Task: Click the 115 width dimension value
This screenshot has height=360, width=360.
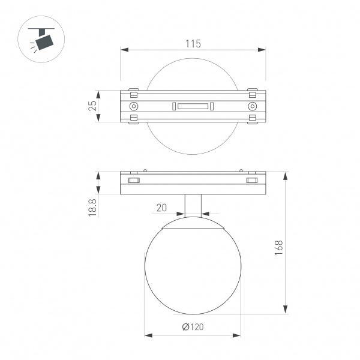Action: tap(192, 44)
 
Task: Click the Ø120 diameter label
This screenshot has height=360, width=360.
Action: tap(192, 327)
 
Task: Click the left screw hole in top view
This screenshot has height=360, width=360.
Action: tap(134, 106)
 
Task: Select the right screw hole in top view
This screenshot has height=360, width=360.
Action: tap(251, 106)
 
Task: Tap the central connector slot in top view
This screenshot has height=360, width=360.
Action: tap(192, 107)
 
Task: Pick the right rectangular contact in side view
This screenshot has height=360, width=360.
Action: tap(251, 180)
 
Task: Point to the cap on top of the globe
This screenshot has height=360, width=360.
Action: tap(193, 226)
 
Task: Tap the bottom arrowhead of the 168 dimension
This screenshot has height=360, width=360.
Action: tap(284, 310)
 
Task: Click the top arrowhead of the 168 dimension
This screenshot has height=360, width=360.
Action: tap(284, 175)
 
